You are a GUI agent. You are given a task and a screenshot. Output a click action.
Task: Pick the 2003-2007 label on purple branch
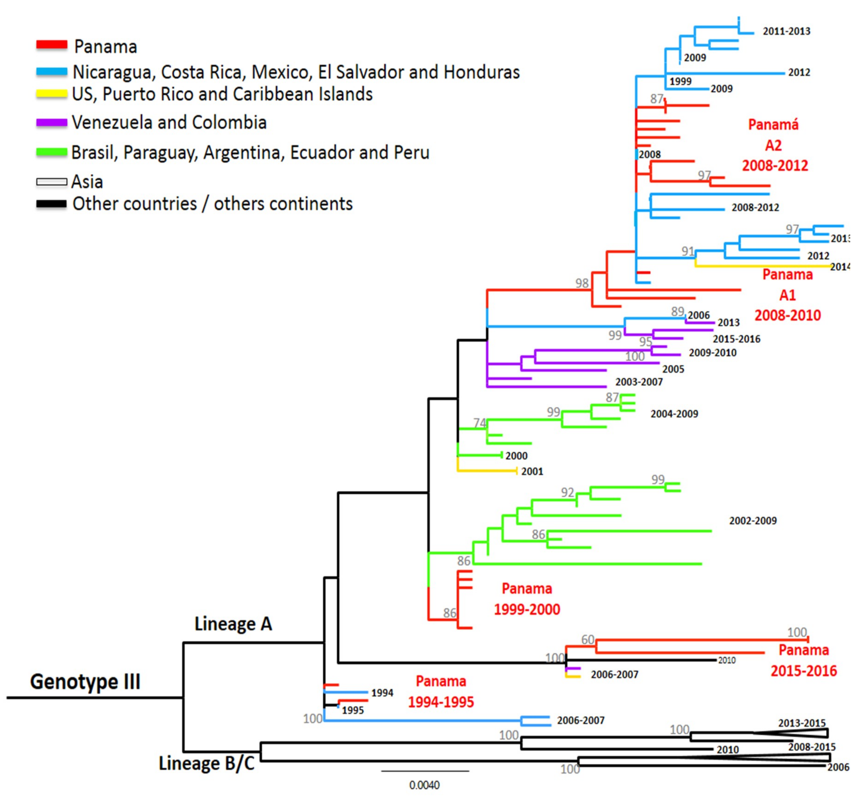point(639,382)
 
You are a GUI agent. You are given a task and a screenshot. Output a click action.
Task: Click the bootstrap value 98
point(582,283)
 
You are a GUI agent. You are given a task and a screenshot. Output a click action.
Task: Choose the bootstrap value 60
point(588,640)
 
